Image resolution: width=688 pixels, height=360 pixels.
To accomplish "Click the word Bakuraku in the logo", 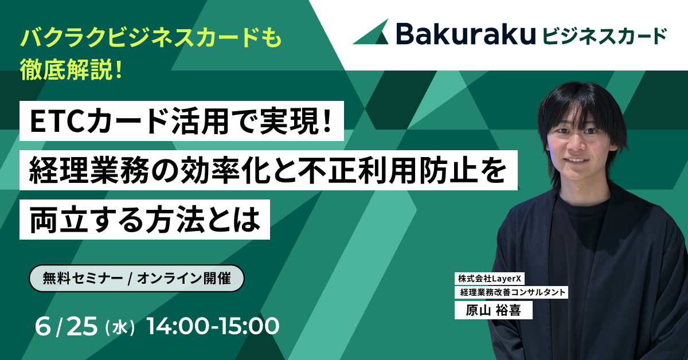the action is [x=466, y=33].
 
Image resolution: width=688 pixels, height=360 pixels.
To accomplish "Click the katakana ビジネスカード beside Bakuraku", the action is [x=605, y=36].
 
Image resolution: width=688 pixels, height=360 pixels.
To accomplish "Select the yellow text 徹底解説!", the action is [x=71, y=71].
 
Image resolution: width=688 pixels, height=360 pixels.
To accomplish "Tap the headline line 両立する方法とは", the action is [x=145, y=220].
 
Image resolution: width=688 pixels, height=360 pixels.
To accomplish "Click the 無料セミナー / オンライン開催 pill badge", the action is [x=136, y=278].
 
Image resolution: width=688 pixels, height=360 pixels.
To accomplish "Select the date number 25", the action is [x=81, y=326].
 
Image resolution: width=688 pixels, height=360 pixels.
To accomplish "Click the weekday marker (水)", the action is [x=120, y=328].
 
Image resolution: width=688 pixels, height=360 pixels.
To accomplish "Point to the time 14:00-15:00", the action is [x=213, y=326].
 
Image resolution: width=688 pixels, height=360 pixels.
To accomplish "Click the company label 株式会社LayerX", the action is [x=490, y=279].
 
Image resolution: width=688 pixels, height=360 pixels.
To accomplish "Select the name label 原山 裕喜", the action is [x=493, y=310].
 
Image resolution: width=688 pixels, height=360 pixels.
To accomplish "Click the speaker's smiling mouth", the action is [x=577, y=161].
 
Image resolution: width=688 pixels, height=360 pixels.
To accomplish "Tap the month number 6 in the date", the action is [x=42, y=326].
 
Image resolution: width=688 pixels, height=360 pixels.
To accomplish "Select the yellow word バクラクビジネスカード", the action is [x=136, y=38].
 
